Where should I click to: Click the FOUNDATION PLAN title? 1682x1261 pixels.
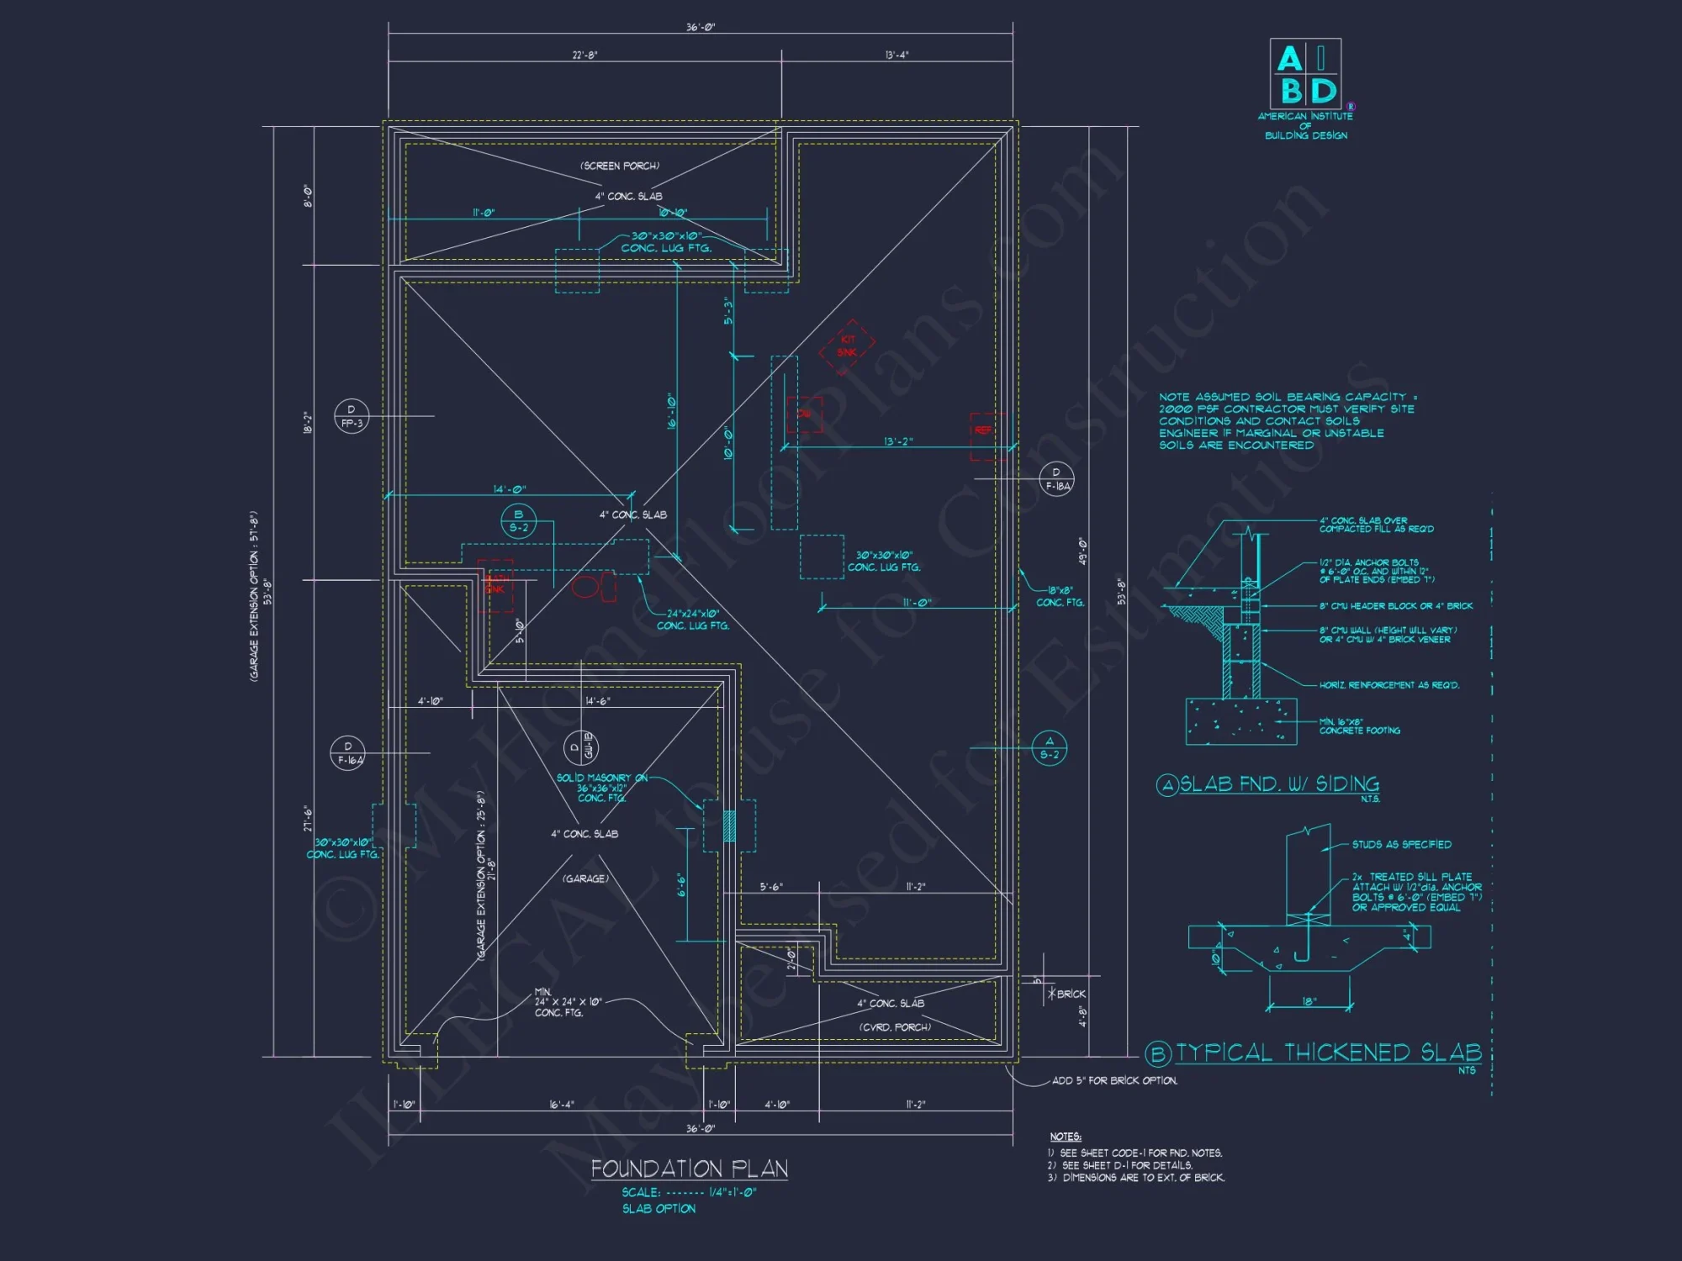[689, 1169]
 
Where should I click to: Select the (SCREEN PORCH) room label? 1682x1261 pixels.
[620, 166]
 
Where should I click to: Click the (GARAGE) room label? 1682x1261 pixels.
[585, 878]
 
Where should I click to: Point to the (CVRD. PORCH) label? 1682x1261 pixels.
[895, 1027]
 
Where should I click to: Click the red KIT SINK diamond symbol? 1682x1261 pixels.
[847, 346]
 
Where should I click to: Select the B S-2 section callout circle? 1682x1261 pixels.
[518, 521]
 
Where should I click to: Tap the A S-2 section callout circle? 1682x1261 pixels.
[1049, 748]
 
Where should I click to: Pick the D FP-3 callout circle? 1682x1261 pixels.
[352, 416]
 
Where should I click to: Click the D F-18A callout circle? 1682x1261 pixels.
[1056, 479]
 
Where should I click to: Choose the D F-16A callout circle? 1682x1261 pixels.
[348, 753]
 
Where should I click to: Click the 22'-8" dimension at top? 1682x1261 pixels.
[584, 55]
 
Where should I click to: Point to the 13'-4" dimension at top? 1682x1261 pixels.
[897, 55]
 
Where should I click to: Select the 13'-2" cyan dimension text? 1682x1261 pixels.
[897, 441]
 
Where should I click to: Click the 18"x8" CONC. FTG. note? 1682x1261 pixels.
[1060, 597]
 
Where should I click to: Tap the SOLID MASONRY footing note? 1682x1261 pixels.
[602, 788]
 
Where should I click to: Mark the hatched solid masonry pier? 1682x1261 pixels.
[729, 826]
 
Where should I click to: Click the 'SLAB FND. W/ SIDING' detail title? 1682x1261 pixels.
[1278, 784]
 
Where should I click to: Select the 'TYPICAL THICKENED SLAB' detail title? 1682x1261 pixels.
[1328, 1053]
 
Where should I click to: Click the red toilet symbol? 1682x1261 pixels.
[587, 585]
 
